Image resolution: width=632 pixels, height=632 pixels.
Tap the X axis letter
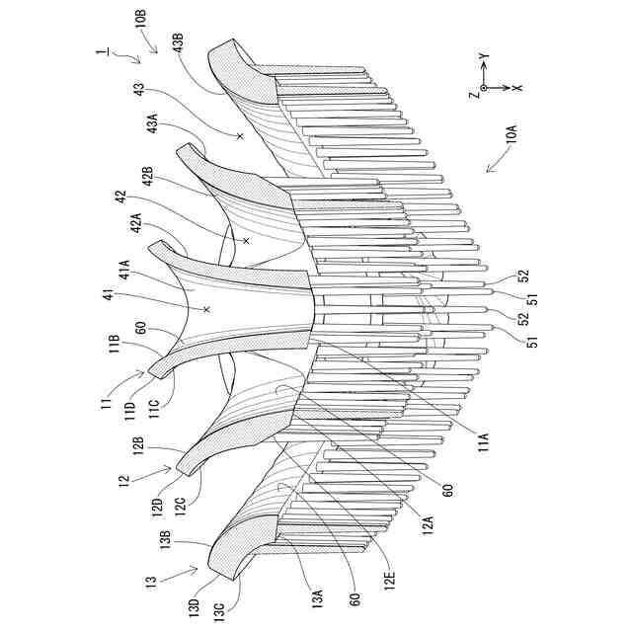[x=517, y=88]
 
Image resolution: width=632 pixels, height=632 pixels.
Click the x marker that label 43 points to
[x=240, y=135]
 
